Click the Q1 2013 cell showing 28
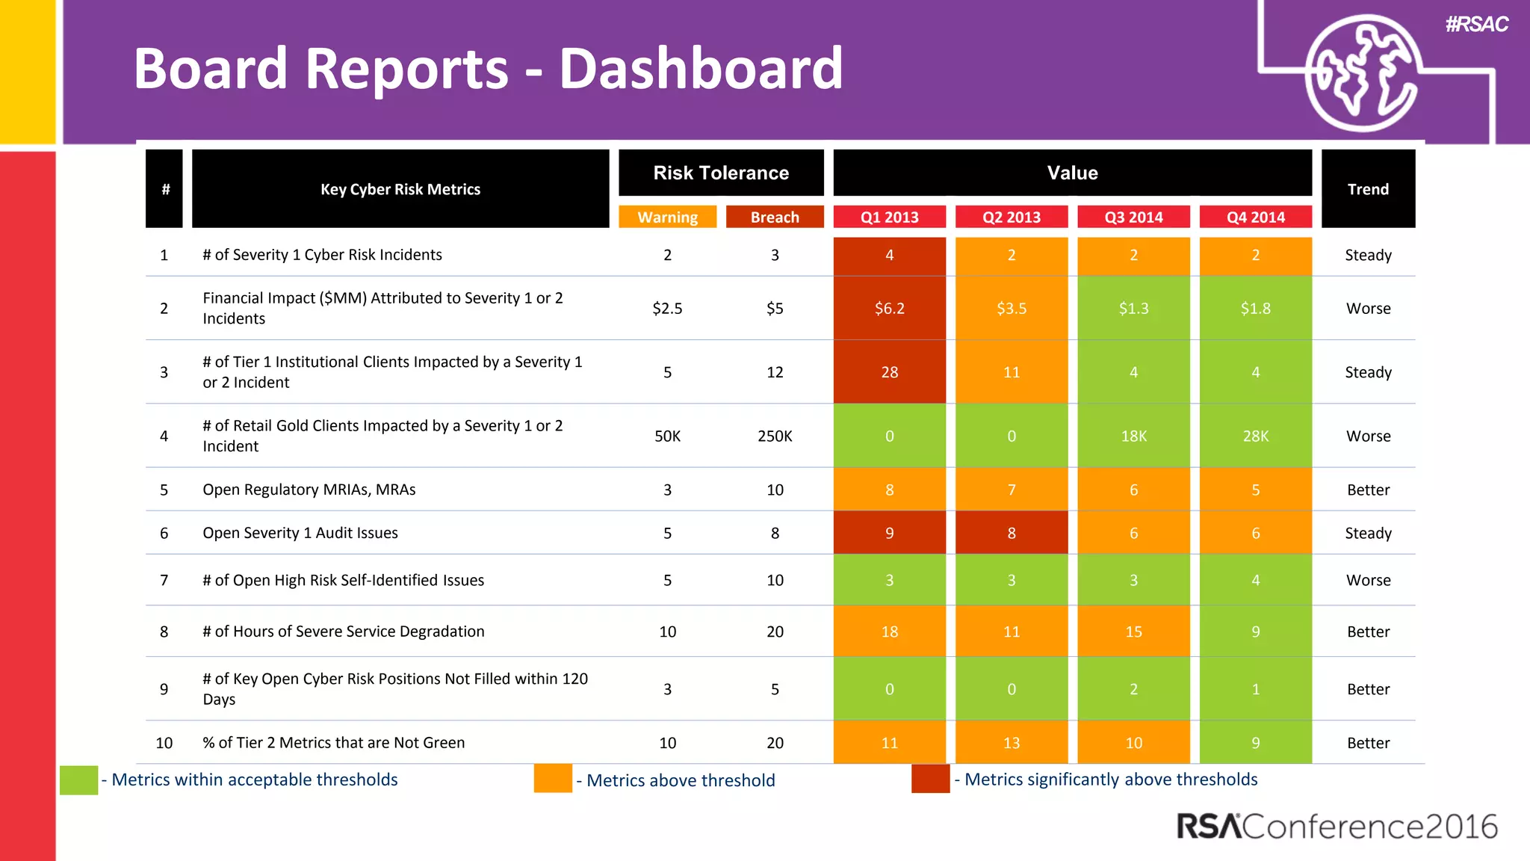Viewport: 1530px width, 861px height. pyautogui.click(x=889, y=372)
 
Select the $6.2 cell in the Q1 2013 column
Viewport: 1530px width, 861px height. pyautogui.click(x=889, y=308)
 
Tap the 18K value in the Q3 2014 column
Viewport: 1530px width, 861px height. pyautogui.click(x=1133, y=436)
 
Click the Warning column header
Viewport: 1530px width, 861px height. pyautogui.click(x=667, y=217)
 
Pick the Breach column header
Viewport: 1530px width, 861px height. pyautogui.click(x=775, y=217)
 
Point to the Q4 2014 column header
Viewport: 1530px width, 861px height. pyautogui.click(x=1255, y=217)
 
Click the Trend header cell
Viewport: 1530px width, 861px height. pyautogui.click(x=1368, y=189)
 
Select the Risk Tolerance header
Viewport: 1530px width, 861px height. pyautogui.click(x=721, y=173)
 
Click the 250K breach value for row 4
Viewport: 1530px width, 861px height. pyautogui.click(x=775, y=436)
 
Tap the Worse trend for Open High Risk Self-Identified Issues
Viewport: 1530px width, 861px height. pyautogui.click(x=1368, y=580)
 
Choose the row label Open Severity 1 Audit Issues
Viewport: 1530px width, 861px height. pyautogui.click(x=300, y=533)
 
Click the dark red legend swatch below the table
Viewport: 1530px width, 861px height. pyautogui.click(x=930, y=779)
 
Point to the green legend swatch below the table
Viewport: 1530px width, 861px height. pyautogui.click(x=78, y=780)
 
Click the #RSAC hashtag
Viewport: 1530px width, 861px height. pyautogui.click(x=1476, y=24)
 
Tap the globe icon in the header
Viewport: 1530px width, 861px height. pyautogui.click(x=1363, y=73)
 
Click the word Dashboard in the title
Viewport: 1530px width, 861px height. pyautogui.click(x=701, y=69)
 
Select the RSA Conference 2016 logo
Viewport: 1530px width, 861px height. pyautogui.click(x=1337, y=827)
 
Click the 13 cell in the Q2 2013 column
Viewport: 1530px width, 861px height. pyautogui.click(x=1011, y=743)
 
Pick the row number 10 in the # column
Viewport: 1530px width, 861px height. pyautogui.click(x=164, y=743)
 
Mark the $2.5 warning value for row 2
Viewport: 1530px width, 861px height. pyautogui.click(x=667, y=308)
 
